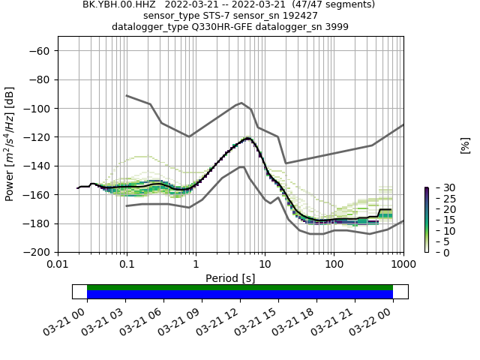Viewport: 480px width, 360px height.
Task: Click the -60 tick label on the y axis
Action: [37, 50]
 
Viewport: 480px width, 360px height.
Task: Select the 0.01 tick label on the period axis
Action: [58, 265]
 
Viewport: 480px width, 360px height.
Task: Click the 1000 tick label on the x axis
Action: [403, 265]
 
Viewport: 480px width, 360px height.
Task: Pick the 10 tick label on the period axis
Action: [265, 265]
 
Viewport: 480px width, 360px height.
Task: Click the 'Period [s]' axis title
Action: [230, 278]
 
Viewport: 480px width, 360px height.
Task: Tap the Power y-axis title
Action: [10, 143]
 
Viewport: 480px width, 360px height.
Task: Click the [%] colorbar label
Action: [465, 145]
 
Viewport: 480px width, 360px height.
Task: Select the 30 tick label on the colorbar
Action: [439, 187]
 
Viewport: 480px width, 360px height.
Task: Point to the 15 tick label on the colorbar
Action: [439, 220]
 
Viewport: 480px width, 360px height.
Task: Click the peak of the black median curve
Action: [247, 139]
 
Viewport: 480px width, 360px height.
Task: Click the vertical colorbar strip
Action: [426, 220]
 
